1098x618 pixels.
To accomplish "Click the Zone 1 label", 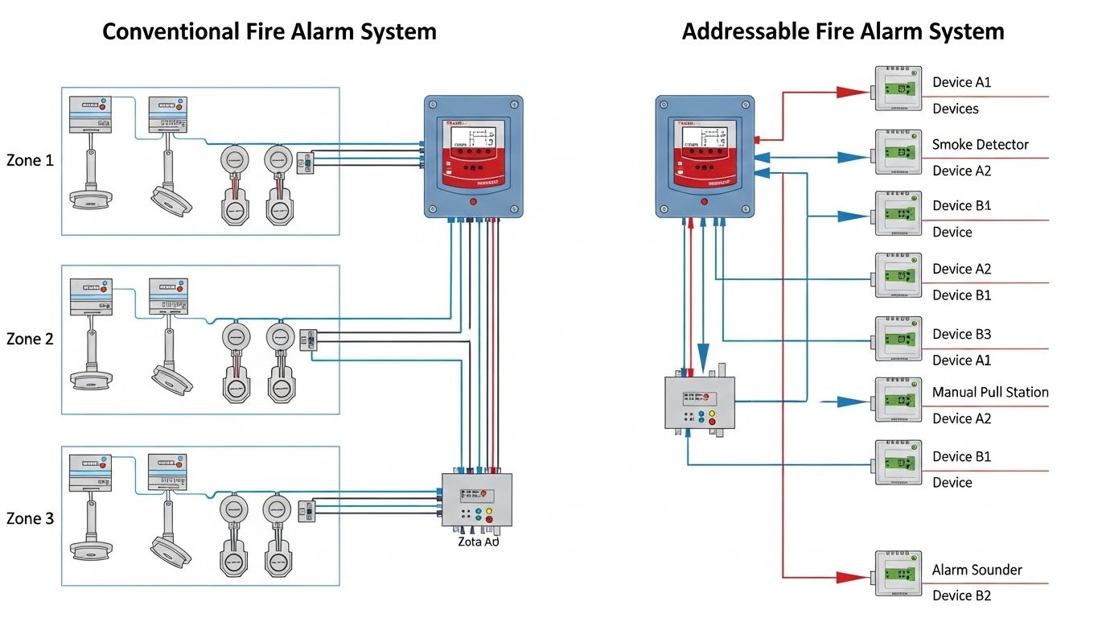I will pos(30,160).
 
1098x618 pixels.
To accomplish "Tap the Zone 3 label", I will pos(30,519).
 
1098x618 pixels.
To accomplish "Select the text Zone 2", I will pos(30,340).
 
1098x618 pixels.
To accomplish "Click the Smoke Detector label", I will pos(980,145).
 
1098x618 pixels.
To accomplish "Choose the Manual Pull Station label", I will pos(989,393).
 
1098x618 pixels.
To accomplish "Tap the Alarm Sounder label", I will pos(977,570).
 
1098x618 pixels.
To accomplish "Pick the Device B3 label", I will pos(961,334).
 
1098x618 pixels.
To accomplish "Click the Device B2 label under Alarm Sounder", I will pos(961,595).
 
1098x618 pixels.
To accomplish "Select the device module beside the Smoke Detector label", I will pos(899,152).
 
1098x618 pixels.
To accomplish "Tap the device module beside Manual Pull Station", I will pos(899,400).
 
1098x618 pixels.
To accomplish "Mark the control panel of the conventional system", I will pos(473,157).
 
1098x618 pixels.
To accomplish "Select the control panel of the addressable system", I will pos(705,157).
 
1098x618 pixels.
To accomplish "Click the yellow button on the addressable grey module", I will pos(713,414).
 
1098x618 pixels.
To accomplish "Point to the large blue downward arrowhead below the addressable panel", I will pos(703,354).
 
